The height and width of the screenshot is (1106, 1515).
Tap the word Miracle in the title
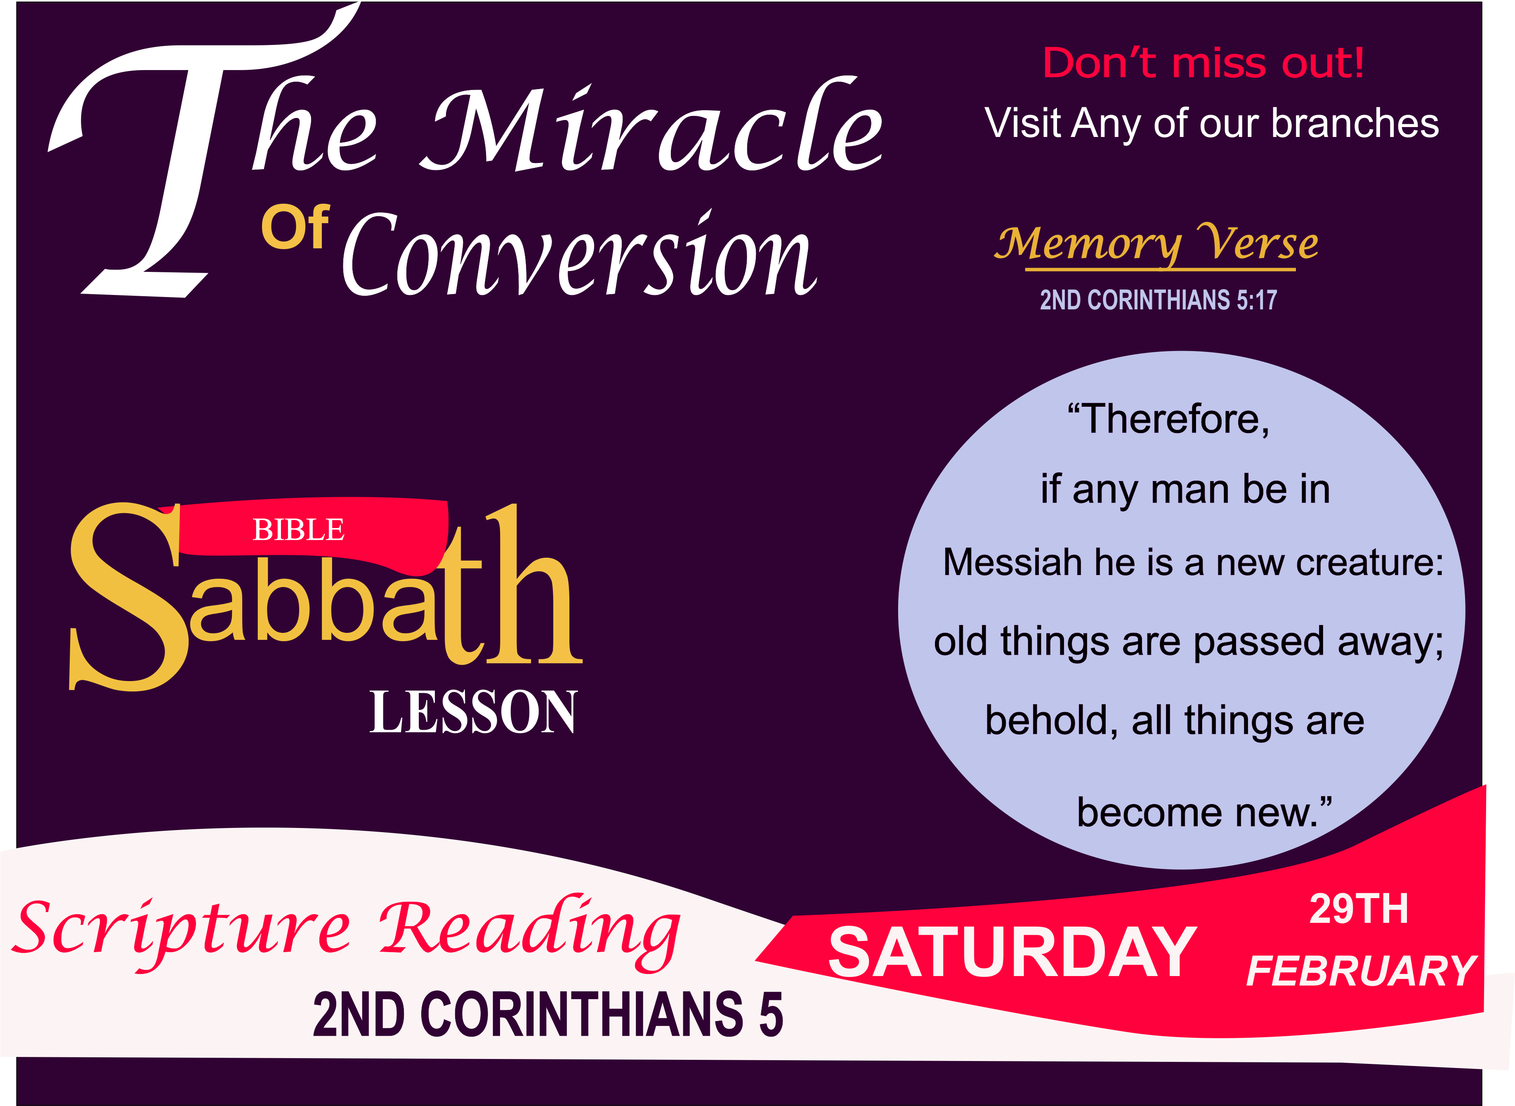653,130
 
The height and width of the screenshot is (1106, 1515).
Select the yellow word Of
295,228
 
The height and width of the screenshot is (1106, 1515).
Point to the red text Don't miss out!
1203,64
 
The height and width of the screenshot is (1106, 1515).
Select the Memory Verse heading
1156,244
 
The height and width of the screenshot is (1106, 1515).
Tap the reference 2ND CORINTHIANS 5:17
1158,300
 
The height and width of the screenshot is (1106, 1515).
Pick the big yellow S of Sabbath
127,596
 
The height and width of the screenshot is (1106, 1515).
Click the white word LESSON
473,713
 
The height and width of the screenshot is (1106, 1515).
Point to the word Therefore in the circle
1175,420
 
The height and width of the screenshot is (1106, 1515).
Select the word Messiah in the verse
1012,562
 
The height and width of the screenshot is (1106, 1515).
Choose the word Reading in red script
529,931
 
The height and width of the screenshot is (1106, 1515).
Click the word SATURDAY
1012,953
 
